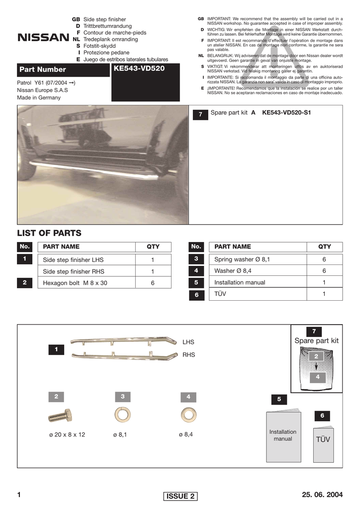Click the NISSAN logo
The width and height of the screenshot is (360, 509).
[x=43, y=38]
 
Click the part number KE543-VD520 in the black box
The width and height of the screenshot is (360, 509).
[x=139, y=68]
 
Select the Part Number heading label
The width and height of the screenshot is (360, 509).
[x=43, y=70]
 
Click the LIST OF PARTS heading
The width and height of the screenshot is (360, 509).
[x=49, y=233]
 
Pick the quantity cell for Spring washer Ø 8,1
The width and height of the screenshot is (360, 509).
[x=324, y=259]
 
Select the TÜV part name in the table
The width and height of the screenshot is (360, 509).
[x=220, y=294]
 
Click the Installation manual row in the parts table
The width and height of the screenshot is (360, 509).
[x=240, y=282]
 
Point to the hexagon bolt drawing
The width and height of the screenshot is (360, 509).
[x=60, y=416]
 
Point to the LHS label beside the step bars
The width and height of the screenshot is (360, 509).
[x=188, y=342]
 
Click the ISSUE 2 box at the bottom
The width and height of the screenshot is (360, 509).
[x=180, y=496]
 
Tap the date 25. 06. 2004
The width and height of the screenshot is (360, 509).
[x=322, y=495]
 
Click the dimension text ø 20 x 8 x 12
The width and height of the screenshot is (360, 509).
[x=67, y=434]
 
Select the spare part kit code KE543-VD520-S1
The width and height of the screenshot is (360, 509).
[x=286, y=113]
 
